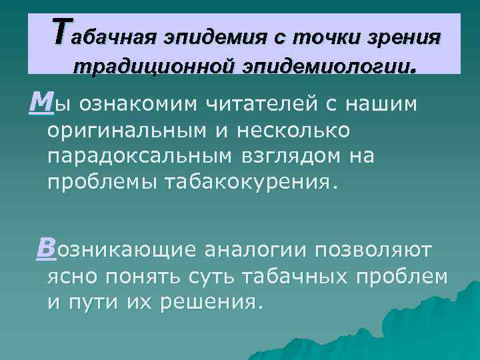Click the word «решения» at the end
click(212, 302)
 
